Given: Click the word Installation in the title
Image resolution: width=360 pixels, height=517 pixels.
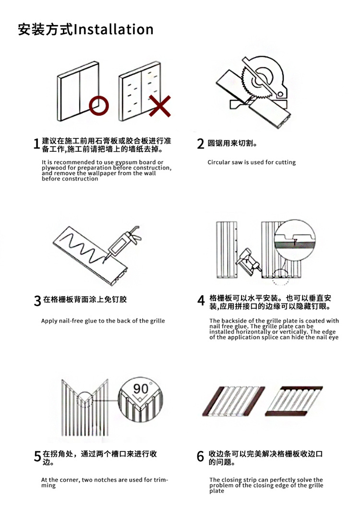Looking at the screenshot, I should pos(114,29).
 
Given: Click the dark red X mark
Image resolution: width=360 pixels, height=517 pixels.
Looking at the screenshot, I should pos(160,106).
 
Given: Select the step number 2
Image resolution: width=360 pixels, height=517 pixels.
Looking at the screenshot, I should pos(201,144).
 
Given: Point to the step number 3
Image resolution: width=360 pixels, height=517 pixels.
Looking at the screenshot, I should pos(37,301).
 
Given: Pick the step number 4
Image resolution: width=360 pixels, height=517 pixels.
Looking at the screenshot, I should pos(201,301).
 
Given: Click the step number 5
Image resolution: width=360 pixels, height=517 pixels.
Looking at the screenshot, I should pos(37,457).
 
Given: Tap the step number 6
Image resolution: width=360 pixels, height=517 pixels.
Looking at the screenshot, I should pos(201,457).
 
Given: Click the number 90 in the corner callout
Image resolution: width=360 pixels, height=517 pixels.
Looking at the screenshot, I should pos(141,389).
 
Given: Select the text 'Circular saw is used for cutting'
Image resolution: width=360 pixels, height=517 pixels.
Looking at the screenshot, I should pos(252,162).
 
